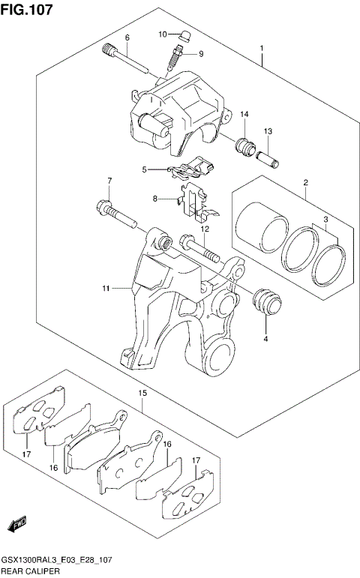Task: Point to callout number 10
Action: [x=163, y=34]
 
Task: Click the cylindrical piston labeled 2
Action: [x=261, y=225]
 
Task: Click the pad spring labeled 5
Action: [x=187, y=169]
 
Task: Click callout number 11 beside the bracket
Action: [x=106, y=287]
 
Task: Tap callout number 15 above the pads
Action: [x=142, y=392]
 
